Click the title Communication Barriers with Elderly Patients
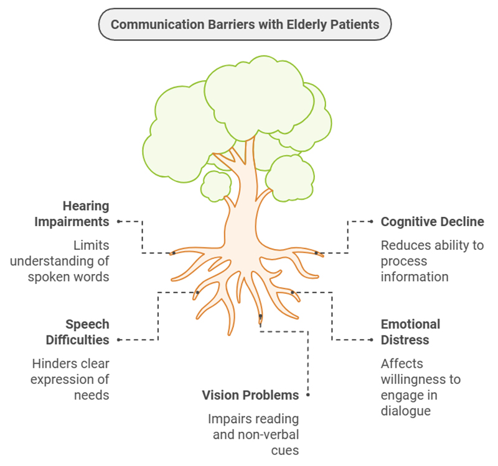tap(245, 25)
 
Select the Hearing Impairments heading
tap(85, 214)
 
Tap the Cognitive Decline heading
tap(432, 222)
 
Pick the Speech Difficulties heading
tap(87, 332)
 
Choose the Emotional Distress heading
tap(410, 332)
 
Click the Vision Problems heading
tap(250, 395)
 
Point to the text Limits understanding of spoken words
tap(68, 261)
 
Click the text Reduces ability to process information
tap(432, 261)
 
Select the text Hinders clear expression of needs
tap(70, 379)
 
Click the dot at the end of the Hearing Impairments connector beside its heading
tap(118, 221)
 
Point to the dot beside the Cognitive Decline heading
tap(372, 222)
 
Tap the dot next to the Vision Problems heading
tap(308, 395)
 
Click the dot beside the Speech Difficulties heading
tap(118, 340)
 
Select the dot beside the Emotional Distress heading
tap(372, 340)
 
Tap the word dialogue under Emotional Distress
tap(406, 411)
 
